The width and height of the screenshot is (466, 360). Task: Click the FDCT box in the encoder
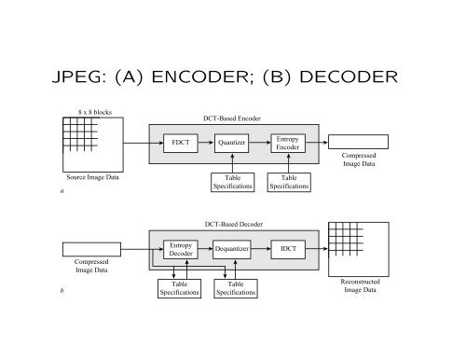(178, 144)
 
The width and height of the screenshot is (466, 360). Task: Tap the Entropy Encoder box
(288, 143)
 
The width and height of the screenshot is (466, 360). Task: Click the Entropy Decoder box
(180, 250)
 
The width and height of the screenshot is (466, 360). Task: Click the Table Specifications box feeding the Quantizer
(233, 183)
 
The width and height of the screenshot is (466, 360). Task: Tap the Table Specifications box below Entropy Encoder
(289, 183)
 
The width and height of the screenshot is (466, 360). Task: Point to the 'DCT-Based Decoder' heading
(233, 225)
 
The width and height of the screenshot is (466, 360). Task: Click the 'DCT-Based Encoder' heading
(233, 118)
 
